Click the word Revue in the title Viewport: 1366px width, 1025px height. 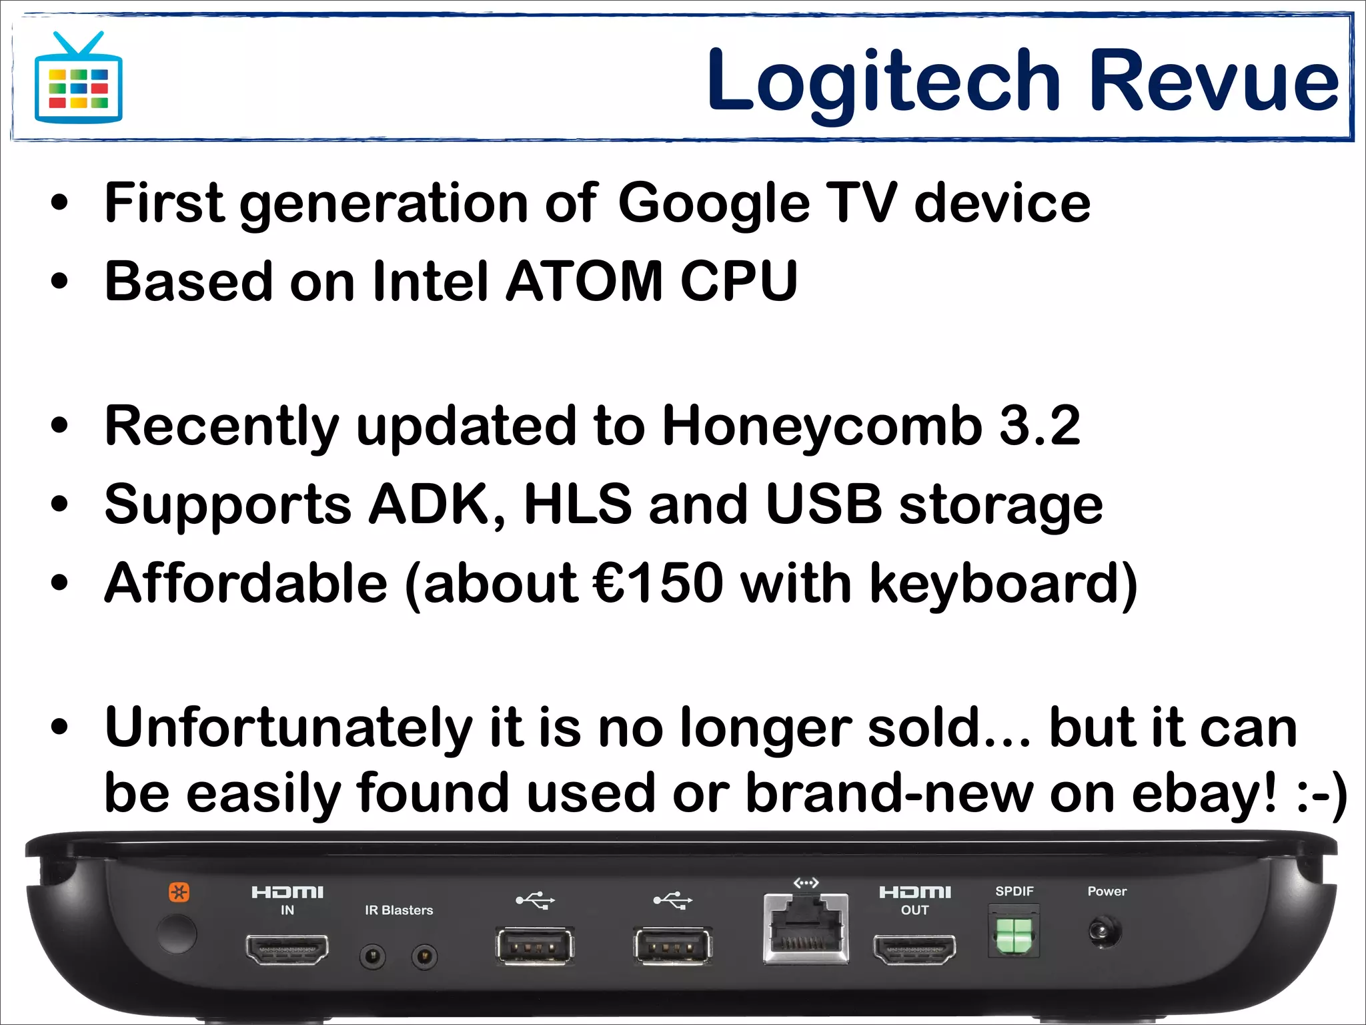coord(1214,81)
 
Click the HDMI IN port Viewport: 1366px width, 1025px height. coord(287,949)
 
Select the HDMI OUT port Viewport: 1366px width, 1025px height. coord(914,949)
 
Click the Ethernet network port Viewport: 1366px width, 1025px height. coord(806,928)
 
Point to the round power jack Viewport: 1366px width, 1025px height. coord(1105,932)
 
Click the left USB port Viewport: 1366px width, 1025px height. coord(534,946)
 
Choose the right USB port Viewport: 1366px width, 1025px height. coord(672,946)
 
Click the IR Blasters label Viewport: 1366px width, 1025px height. coord(399,910)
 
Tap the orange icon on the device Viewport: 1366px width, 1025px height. coord(179,892)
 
